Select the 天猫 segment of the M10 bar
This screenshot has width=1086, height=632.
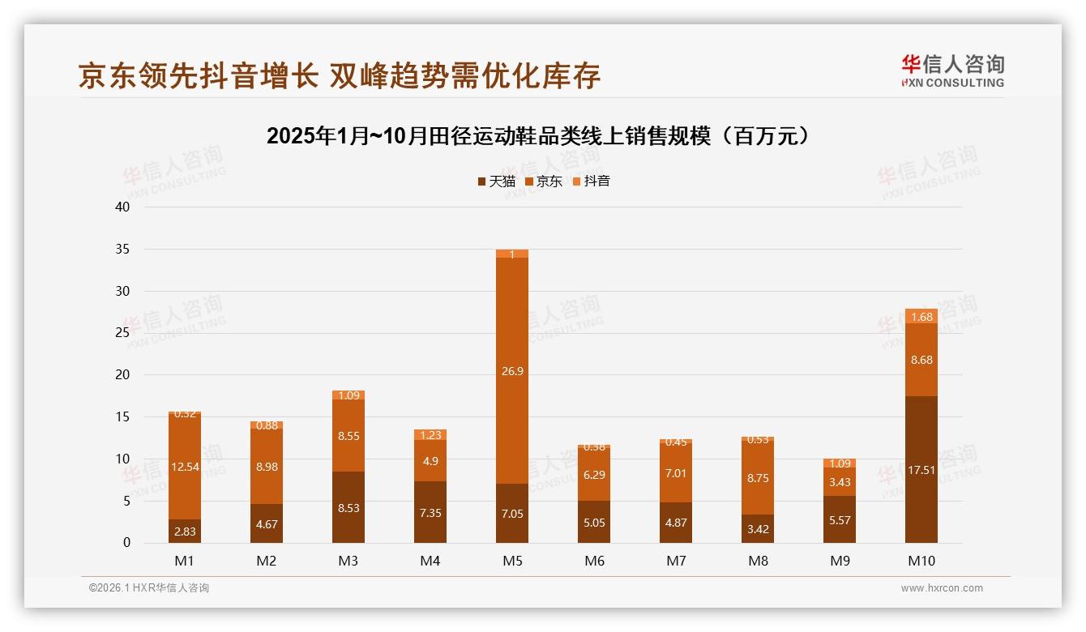point(921,469)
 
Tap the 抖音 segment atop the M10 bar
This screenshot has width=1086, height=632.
point(921,316)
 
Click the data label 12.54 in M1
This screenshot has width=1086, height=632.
point(185,467)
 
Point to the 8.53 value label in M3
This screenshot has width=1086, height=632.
point(348,508)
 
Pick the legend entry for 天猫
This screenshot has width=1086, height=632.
point(496,181)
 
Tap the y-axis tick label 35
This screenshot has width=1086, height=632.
point(122,249)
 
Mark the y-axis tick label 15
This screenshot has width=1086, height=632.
point(122,416)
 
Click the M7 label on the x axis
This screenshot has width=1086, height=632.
point(676,561)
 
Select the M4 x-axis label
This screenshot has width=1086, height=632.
point(430,561)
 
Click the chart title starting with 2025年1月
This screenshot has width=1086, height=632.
point(538,136)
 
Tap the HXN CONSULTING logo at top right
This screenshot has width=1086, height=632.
point(953,70)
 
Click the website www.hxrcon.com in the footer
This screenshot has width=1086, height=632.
point(942,588)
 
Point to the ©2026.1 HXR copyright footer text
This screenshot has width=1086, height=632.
point(148,588)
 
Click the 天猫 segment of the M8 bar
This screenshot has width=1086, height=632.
point(758,528)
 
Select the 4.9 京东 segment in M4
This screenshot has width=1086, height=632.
point(430,461)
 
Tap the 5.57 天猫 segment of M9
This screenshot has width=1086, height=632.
point(840,519)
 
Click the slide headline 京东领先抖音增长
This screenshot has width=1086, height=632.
point(340,76)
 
